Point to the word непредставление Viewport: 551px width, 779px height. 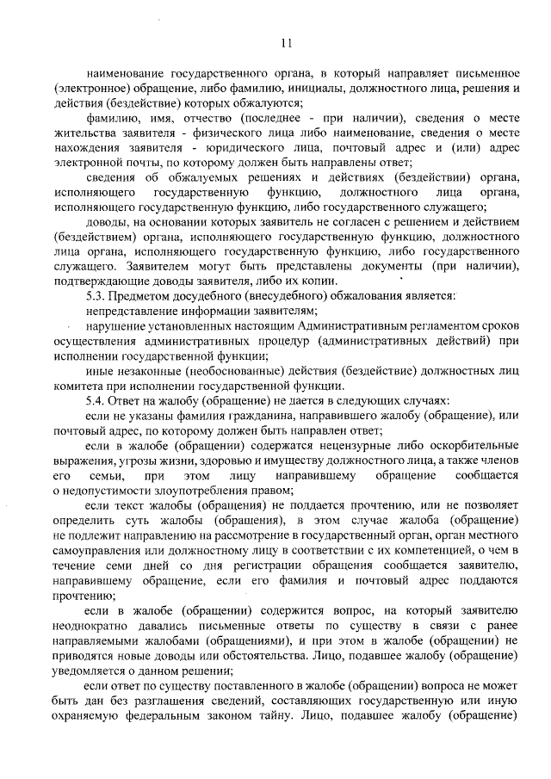[x=128, y=311]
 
